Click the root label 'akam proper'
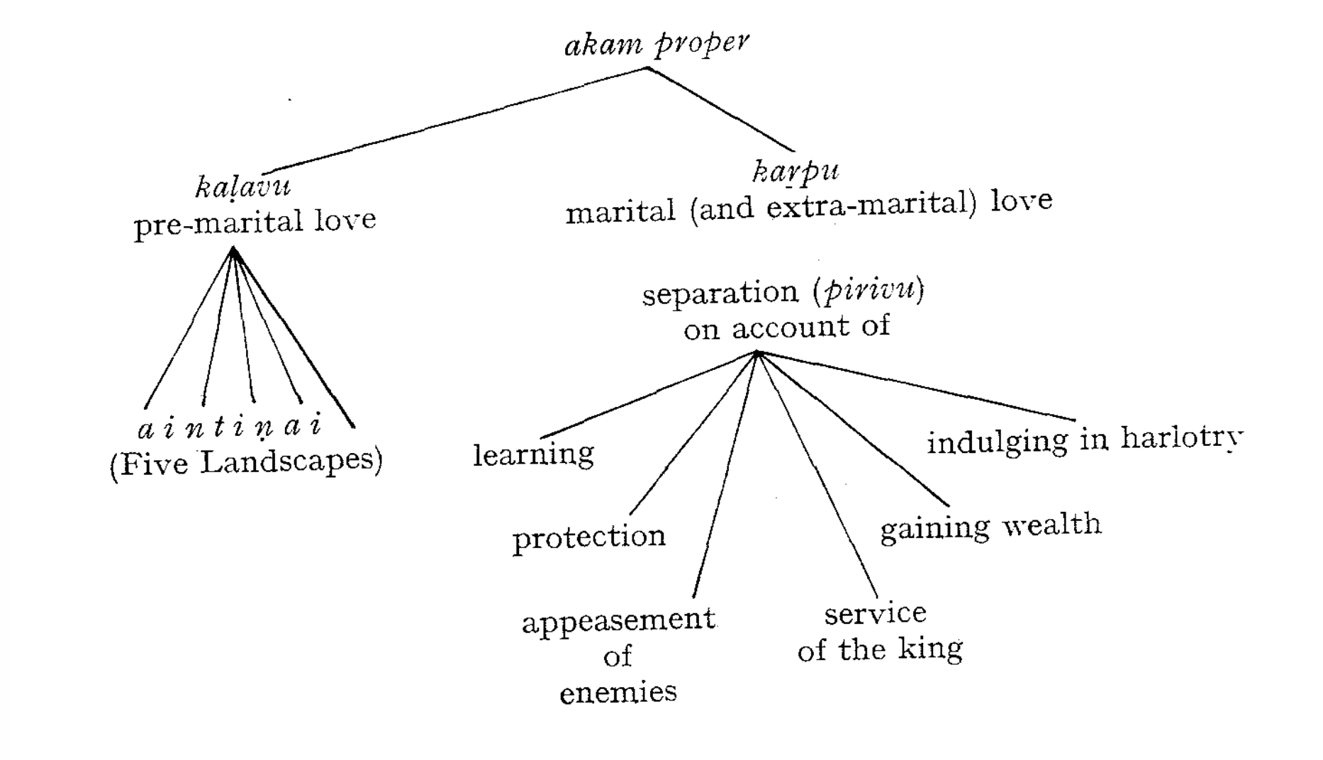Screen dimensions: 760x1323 coord(656,44)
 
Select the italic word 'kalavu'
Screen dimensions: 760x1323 coord(242,187)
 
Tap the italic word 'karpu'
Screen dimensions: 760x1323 coord(795,172)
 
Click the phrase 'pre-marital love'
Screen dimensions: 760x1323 coord(255,223)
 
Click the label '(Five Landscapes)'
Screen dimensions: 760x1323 coord(245,463)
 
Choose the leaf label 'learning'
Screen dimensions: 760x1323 coord(533,454)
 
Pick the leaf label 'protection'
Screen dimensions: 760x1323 coord(588,537)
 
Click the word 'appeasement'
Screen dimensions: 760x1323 coord(618,621)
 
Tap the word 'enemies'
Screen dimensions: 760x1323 coord(618,692)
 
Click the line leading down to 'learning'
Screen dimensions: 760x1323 coord(649,395)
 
